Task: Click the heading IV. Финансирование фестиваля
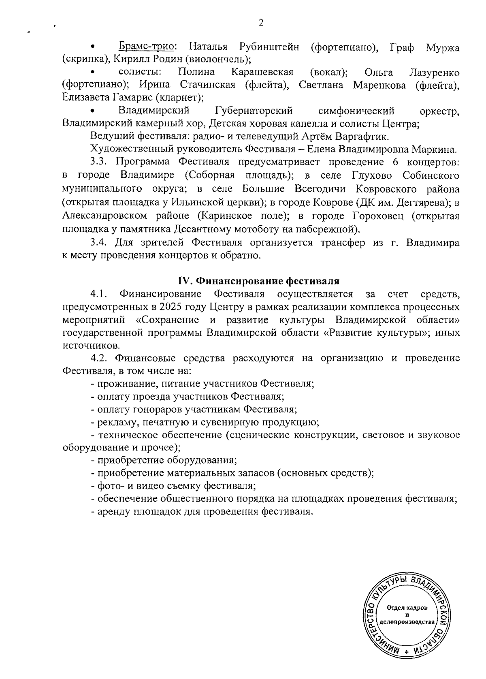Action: click(259, 281)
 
